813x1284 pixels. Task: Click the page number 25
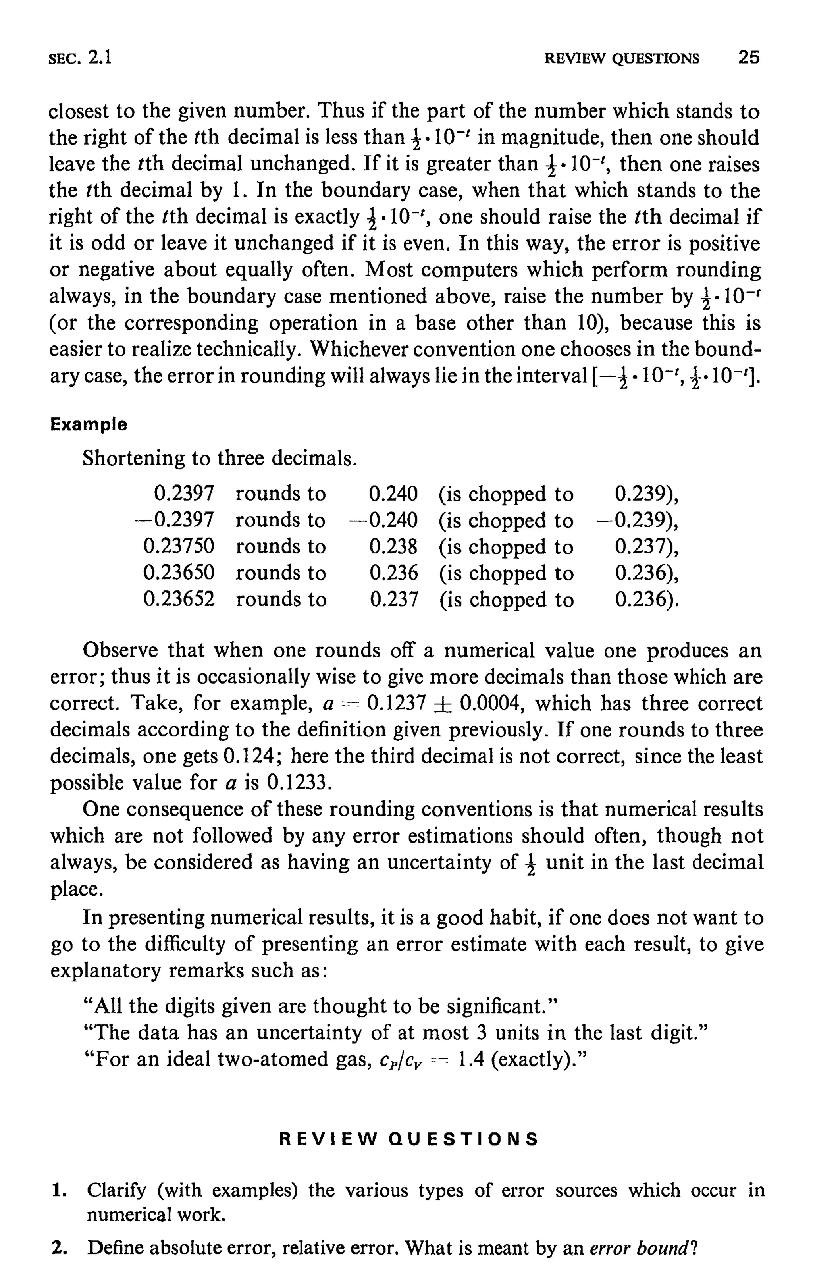pos(749,57)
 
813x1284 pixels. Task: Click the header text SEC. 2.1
pos(80,57)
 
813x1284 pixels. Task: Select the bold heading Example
pos(89,424)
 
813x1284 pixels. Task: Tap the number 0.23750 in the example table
pos(179,546)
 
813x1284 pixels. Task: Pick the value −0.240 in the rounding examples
pos(383,519)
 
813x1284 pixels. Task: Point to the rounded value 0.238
pos(393,546)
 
